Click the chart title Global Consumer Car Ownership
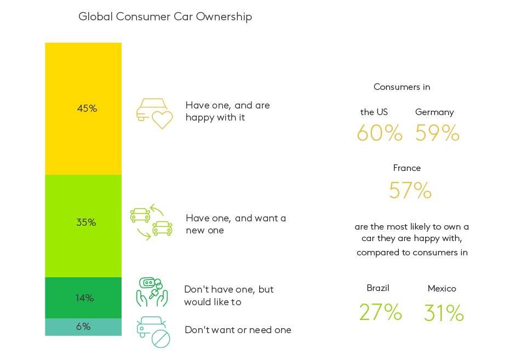[165, 17]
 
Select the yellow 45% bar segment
[83, 108]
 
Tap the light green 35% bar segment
[83, 226]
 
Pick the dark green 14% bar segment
[83, 298]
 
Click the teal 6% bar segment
[83, 327]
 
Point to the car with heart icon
[154, 113]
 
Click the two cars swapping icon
[151, 222]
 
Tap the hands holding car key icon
[152, 292]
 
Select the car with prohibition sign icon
[153, 332]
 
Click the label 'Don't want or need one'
[238, 330]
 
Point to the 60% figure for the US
[379, 133]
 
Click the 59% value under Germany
[437, 133]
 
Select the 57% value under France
[410, 190]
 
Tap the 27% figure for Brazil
[380, 312]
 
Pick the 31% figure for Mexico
[444, 313]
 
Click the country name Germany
[434, 112]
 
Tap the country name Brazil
[377, 288]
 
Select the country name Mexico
[442, 289]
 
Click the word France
[407, 168]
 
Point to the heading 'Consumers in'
[402, 87]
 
